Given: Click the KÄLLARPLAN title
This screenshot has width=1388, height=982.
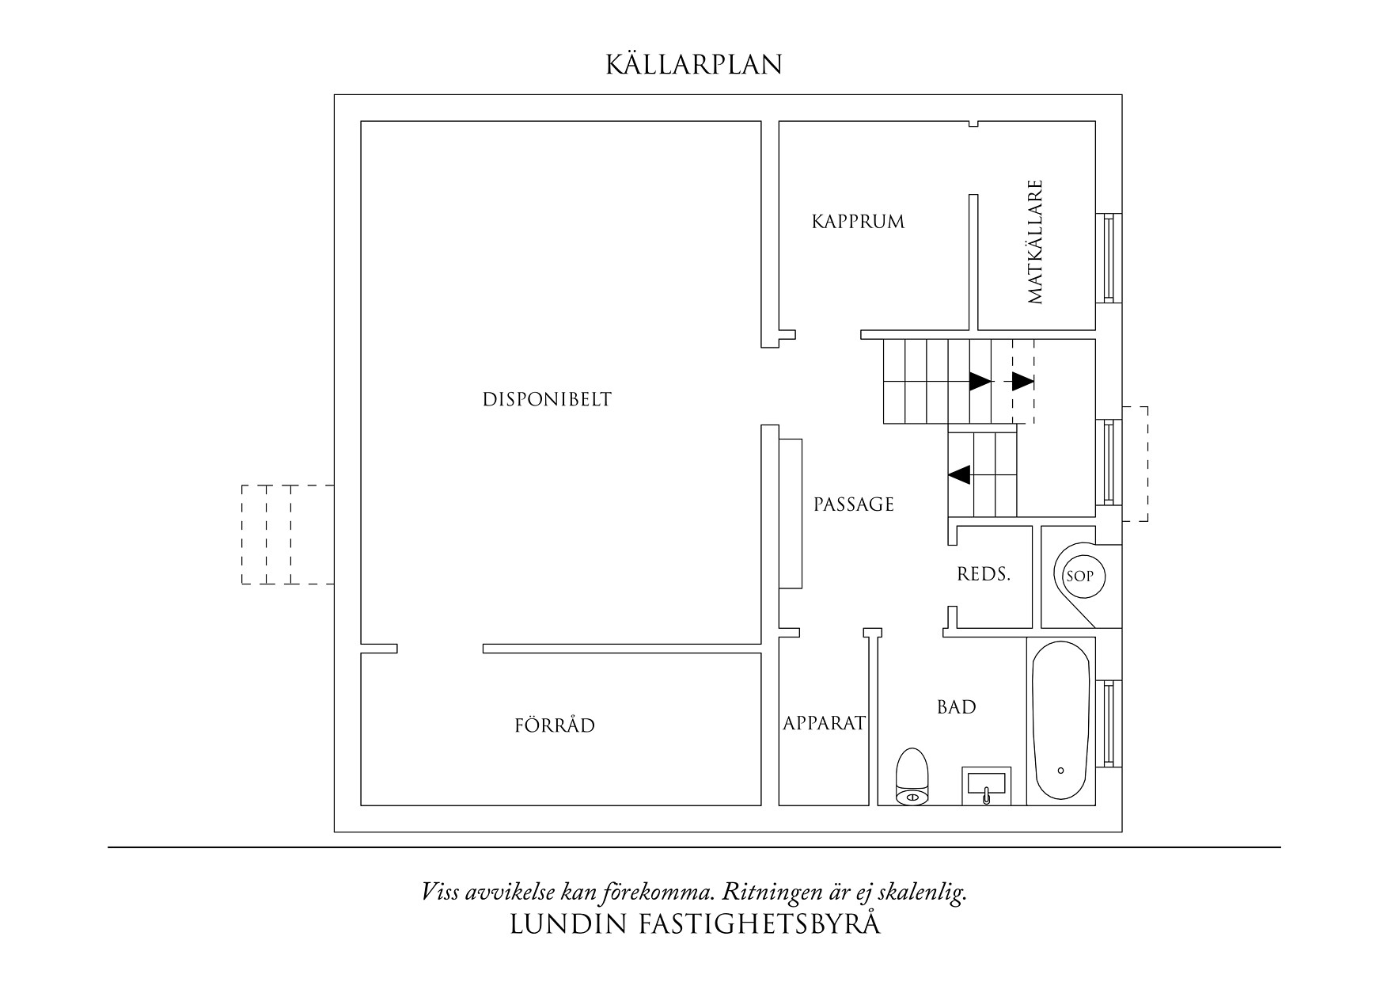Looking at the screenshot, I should pyautogui.click(x=694, y=65).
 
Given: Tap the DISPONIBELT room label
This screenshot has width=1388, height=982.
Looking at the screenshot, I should pyautogui.click(x=547, y=399).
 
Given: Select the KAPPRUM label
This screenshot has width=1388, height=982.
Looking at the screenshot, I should pyautogui.click(x=858, y=222).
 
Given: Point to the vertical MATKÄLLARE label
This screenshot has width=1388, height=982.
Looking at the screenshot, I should pyautogui.click(x=1036, y=242).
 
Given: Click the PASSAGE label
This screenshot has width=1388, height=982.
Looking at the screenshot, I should pyautogui.click(x=854, y=504).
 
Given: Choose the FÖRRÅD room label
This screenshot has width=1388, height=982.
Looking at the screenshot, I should pyautogui.click(x=555, y=725).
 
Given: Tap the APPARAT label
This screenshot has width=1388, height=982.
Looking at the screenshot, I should pyautogui.click(x=825, y=723).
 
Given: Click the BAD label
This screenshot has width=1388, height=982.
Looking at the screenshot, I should pyautogui.click(x=957, y=707).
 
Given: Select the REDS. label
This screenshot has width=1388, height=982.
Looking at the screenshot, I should pyautogui.click(x=984, y=575).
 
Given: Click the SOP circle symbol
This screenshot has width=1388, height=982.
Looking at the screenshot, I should pyautogui.click(x=1079, y=577).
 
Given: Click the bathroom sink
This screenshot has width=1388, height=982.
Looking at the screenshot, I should pyautogui.click(x=986, y=786).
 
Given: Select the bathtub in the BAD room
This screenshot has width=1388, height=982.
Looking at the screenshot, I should pyautogui.click(x=1061, y=721).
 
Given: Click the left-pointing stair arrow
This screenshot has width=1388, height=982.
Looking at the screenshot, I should pyautogui.click(x=959, y=474).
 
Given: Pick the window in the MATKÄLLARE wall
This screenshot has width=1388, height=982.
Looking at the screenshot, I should pyautogui.click(x=1108, y=257).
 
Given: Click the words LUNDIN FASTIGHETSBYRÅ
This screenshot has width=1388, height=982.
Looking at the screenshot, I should pyautogui.click(x=694, y=924).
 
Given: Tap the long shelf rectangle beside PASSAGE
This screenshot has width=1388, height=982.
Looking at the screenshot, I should pyautogui.click(x=791, y=513).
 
